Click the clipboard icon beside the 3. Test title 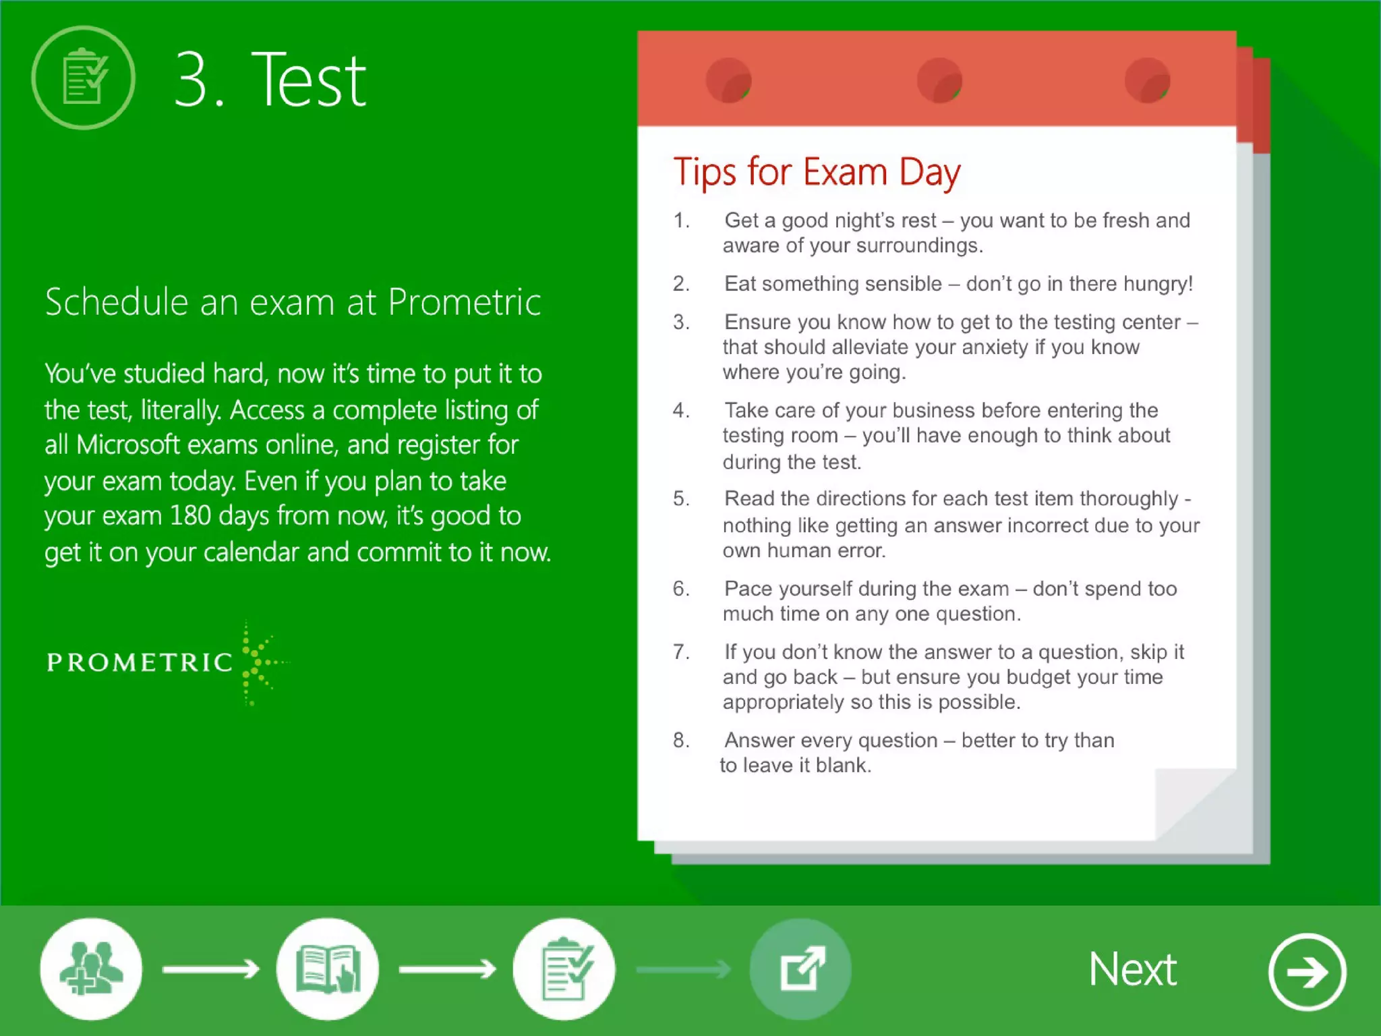click(83, 78)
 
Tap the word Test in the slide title click(308, 80)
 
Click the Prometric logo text click(140, 662)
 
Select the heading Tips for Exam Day click(817, 172)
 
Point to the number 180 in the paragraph click(189, 516)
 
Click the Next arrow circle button click(1307, 972)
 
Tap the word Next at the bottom click(1132, 970)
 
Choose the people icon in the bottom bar click(91, 969)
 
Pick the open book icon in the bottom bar click(328, 969)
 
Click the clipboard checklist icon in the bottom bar click(564, 969)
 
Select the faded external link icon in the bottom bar click(801, 969)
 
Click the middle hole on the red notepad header click(939, 80)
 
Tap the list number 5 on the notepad click(680, 498)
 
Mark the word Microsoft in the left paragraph click(128, 445)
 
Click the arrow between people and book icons click(210, 970)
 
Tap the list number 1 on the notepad click(680, 221)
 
